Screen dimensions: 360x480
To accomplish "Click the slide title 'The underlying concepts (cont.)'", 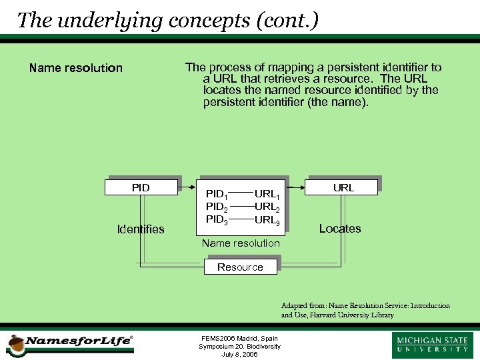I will (167, 20).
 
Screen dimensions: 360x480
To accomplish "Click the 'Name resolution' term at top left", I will (76, 68).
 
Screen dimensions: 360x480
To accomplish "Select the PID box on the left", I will (141, 187).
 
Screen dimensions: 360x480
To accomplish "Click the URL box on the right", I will (343, 187).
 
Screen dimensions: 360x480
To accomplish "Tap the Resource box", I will (241, 267).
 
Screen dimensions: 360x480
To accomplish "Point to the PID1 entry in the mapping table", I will (217, 195).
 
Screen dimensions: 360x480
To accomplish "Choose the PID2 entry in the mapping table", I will (217, 207).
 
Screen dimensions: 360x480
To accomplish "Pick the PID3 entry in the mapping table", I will (217, 219).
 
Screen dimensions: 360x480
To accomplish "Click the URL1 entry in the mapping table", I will (267, 195).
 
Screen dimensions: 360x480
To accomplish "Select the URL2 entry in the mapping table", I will (267, 207).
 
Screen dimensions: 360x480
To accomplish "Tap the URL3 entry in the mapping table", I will (267, 219).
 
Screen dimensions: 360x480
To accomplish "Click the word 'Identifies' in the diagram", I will (141, 229).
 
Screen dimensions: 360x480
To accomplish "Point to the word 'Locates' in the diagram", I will (340, 229).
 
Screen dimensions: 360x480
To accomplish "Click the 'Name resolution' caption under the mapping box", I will (241, 243).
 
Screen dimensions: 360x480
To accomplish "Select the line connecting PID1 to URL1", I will (241, 194).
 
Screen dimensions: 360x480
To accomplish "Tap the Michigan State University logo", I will (433, 345).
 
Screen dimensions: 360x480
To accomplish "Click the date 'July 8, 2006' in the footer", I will (240, 355).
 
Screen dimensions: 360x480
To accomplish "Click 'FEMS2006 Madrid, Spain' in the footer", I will (240, 339).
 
